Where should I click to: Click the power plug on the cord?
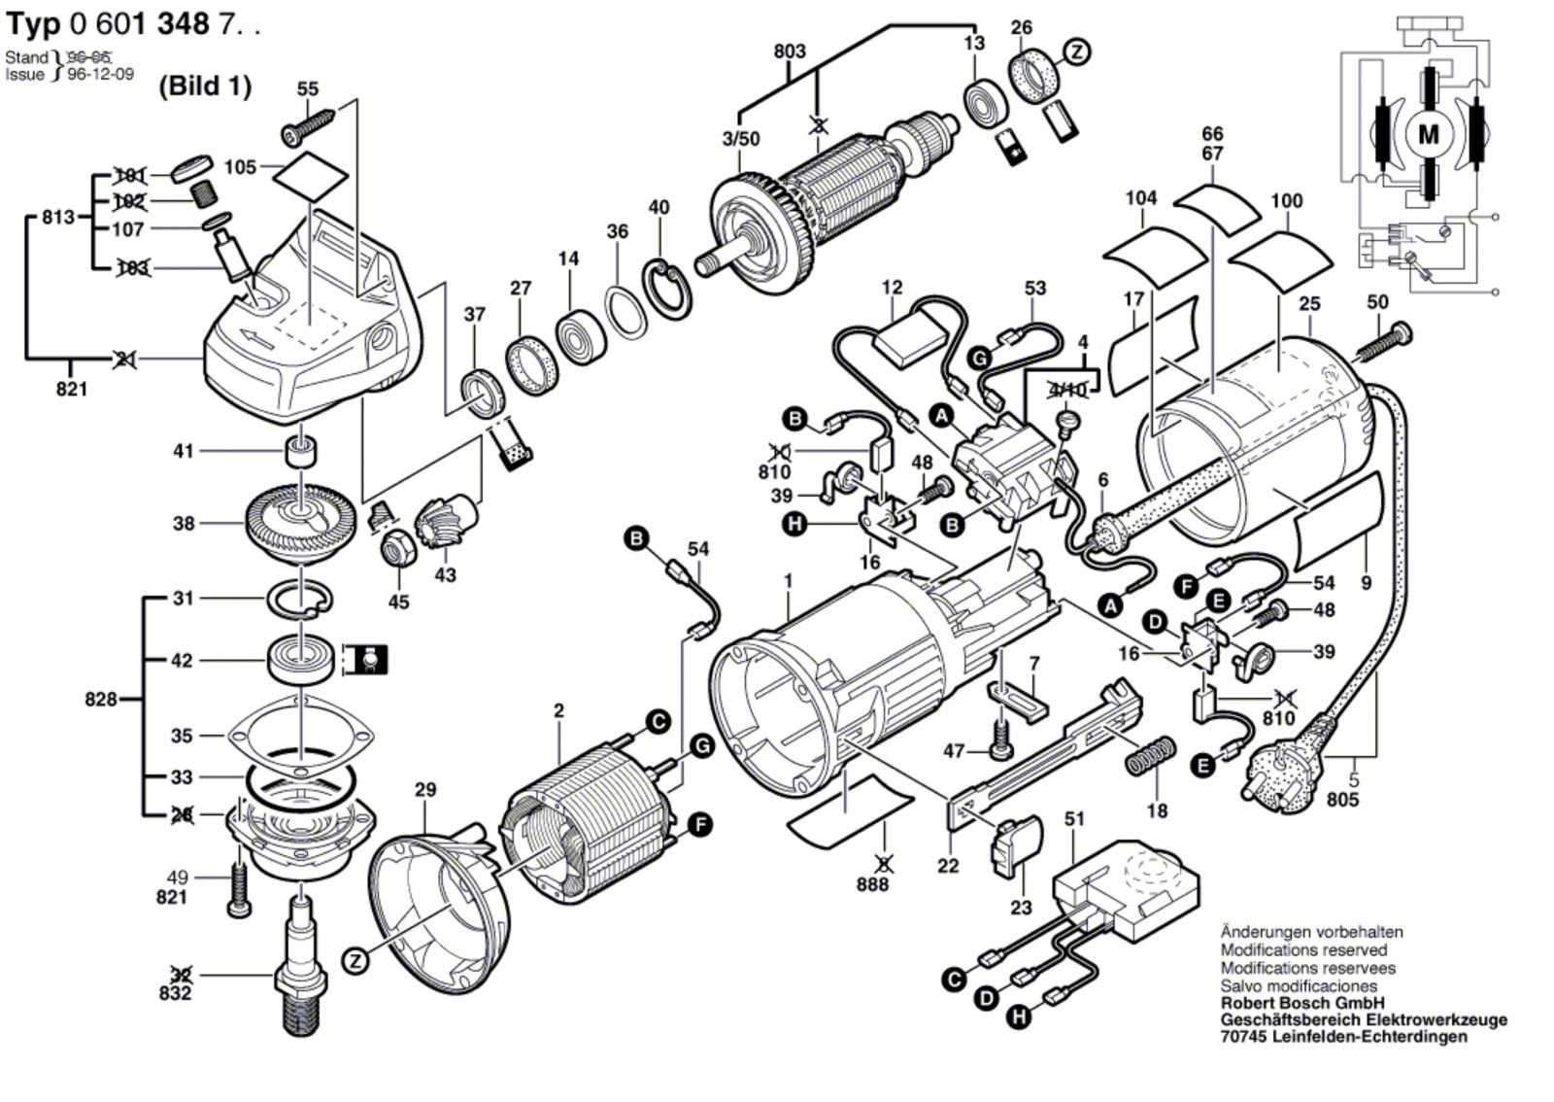[x=1280, y=777]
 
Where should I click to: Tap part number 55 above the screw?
[x=308, y=88]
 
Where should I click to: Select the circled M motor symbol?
[x=1428, y=134]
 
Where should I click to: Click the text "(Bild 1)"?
[x=205, y=86]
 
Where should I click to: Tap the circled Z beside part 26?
[x=1076, y=52]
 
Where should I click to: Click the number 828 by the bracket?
[x=100, y=699]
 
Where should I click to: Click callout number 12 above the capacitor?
[x=892, y=287]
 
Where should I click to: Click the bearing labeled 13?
[x=986, y=101]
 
